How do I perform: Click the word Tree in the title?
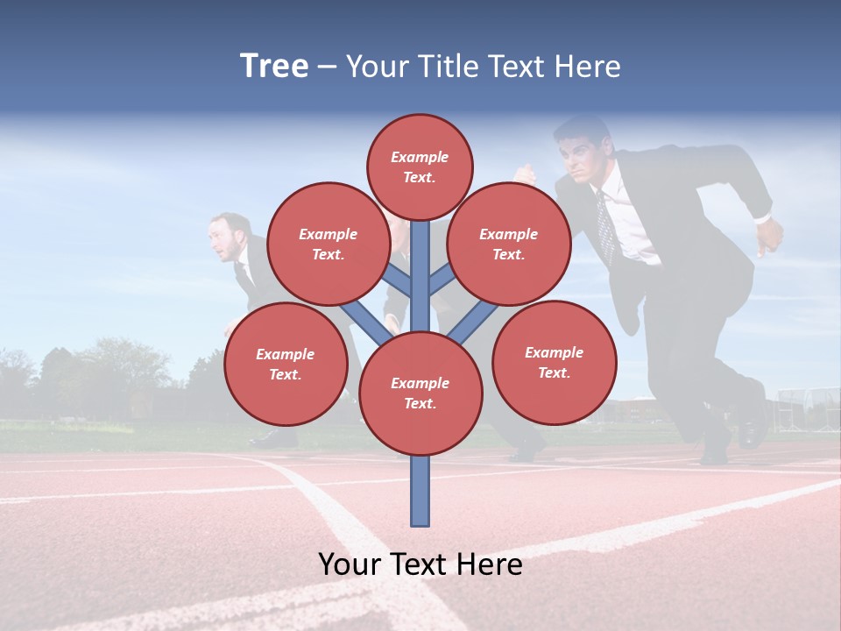(x=274, y=67)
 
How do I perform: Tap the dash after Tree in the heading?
(x=327, y=67)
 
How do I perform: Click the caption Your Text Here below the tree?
(x=420, y=564)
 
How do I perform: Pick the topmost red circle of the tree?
(x=420, y=167)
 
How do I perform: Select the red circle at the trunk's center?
(x=420, y=393)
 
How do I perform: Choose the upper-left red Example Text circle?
(x=328, y=244)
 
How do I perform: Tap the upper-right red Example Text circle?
(x=508, y=244)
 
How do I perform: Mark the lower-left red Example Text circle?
(x=286, y=364)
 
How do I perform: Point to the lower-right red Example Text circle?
(x=554, y=362)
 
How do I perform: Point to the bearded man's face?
(x=226, y=239)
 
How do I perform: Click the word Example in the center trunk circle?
(x=420, y=383)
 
